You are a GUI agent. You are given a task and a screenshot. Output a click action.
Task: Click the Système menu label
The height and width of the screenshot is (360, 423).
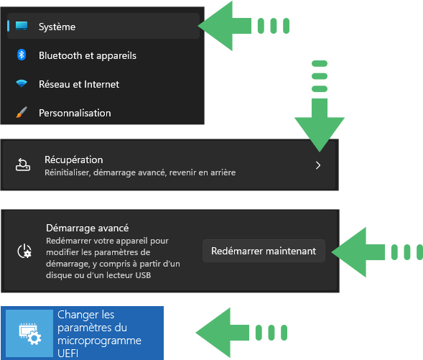click(57, 27)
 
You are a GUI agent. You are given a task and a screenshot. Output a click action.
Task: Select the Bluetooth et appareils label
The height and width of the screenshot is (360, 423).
click(88, 55)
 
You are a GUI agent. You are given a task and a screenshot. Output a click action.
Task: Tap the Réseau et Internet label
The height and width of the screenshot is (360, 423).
click(79, 84)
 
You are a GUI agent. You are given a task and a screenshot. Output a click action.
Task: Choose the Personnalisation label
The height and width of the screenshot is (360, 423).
click(75, 113)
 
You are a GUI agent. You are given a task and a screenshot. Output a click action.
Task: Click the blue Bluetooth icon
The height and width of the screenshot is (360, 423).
click(22, 55)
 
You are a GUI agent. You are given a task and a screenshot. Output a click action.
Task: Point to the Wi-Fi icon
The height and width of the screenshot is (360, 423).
click(22, 83)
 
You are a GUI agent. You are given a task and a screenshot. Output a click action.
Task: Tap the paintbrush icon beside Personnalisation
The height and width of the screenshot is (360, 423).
click(22, 112)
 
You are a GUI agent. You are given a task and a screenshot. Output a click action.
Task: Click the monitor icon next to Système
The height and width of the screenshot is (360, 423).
click(22, 26)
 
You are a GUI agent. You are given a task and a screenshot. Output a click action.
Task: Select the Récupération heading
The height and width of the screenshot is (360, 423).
click(74, 160)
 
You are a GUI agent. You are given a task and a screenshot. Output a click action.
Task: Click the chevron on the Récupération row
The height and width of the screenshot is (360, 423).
click(318, 165)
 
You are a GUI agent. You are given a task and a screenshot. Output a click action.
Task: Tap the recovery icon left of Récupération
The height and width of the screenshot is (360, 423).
click(23, 165)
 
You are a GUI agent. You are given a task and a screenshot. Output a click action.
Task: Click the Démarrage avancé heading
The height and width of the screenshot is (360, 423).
click(87, 229)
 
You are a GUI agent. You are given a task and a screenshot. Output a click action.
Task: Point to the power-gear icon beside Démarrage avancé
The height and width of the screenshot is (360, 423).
click(24, 251)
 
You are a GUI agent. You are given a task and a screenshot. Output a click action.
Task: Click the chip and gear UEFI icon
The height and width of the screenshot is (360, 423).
click(30, 333)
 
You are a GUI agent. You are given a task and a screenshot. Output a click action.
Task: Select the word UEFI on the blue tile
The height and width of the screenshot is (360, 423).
click(68, 354)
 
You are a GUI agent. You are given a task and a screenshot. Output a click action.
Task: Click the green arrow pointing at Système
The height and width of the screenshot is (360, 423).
click(243, 26)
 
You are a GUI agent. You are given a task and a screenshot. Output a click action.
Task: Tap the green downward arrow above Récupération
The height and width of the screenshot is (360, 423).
click(320, 106)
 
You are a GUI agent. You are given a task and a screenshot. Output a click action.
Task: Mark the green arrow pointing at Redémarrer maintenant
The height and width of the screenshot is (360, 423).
click(377, 252)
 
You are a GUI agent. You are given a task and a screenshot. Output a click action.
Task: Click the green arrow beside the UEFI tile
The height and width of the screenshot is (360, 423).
click(241, 333)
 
